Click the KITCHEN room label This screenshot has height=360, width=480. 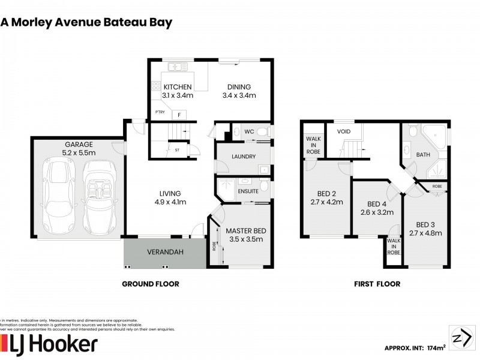(178, 87)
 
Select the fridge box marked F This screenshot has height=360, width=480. (178, 115)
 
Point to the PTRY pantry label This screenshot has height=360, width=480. (160, 112)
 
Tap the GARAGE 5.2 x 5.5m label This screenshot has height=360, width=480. (79, 149)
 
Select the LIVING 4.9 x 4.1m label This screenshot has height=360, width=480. (170, 197)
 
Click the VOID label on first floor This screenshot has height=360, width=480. (344, 131)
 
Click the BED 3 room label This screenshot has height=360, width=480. (425, 229)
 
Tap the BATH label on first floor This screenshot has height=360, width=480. (424, 155)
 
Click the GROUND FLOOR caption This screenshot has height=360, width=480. (150, 284)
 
